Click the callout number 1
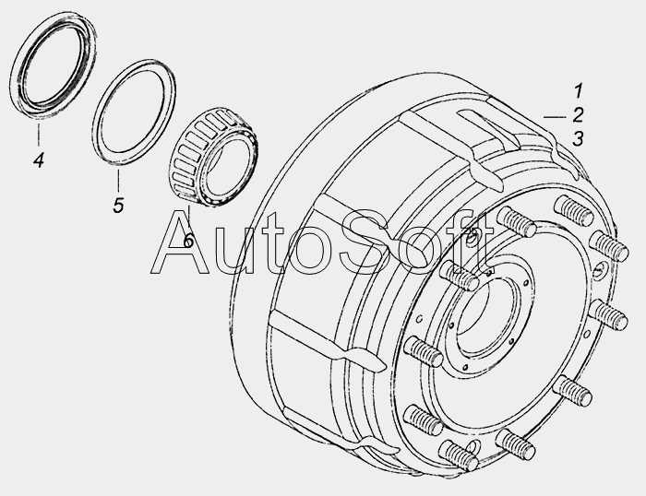[x=579, y=91]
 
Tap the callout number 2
[x=578, y=115]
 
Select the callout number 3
[x=578, y=138]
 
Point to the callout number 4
[x=39, y=159]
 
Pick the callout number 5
[x=118, y=205]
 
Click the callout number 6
[x=188, y=241]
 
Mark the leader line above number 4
[x=39, y=135]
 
